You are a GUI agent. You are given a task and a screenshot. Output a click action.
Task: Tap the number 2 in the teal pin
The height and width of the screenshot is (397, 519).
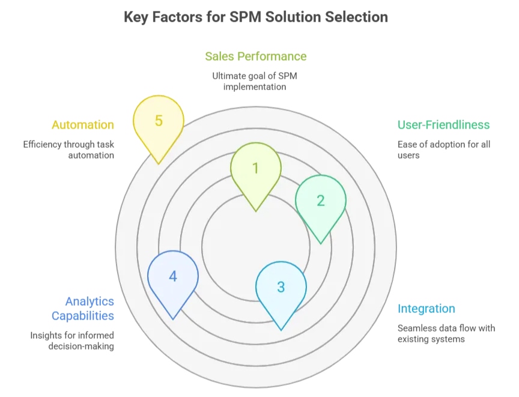click(320, 201)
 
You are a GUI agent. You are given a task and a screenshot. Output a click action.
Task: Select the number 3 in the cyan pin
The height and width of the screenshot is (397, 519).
click(281, 287)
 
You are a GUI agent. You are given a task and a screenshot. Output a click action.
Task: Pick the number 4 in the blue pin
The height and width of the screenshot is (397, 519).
click(173, 276)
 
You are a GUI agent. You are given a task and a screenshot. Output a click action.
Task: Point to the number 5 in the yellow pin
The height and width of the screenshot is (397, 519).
click(159, 121)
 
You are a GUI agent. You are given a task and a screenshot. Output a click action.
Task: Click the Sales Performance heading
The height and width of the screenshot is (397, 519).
click(255, 56)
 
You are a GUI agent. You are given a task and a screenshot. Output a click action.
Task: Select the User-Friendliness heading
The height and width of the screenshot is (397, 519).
click(443, 125)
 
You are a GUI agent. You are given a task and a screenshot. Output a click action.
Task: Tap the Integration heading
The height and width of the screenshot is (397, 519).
click(426, 309)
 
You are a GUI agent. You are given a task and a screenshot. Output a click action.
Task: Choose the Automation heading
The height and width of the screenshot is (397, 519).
click(83, 125)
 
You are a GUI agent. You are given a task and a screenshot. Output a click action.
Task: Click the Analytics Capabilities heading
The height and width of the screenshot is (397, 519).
click(89, 308)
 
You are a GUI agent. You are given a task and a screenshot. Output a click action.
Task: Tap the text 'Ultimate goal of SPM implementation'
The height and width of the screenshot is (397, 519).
click(255, 81)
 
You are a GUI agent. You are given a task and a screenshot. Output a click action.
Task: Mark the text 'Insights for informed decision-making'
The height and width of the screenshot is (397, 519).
click(72, 341)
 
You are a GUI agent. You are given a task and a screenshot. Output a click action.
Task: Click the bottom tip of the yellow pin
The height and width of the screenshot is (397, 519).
click(159, 163)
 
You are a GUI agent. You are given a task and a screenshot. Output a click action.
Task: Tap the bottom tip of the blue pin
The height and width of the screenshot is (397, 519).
click(173, 319)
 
